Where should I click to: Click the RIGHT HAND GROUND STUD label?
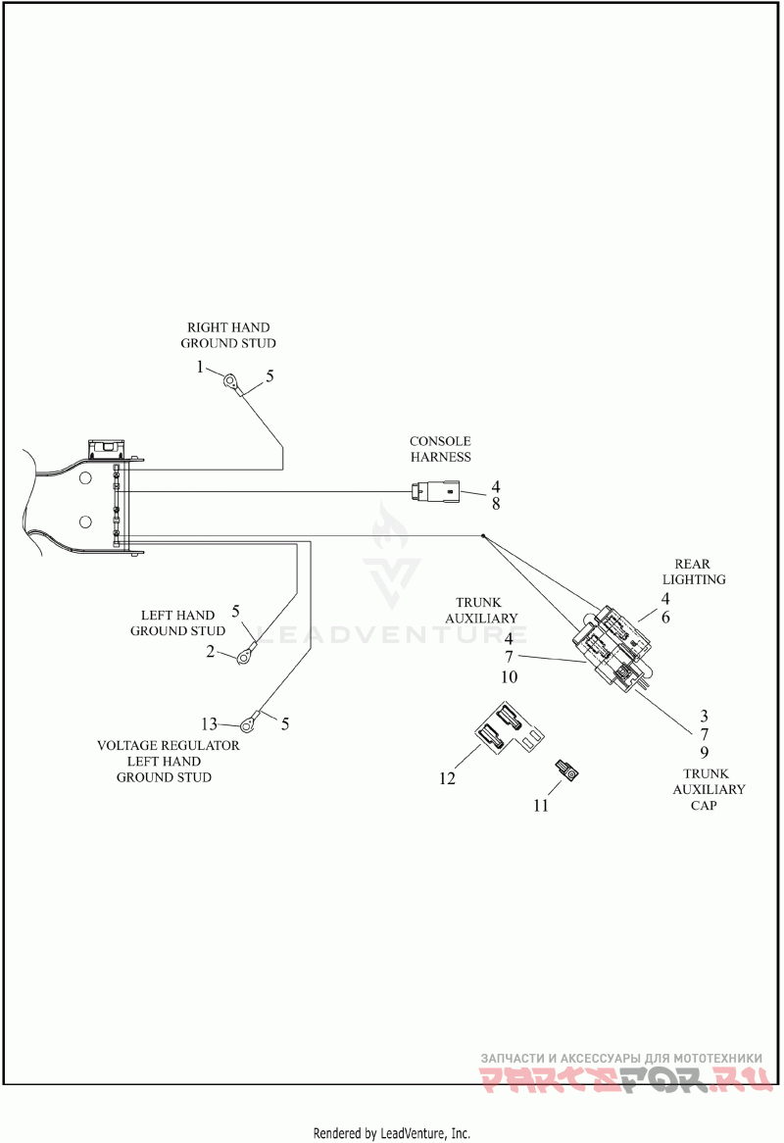point(228,335)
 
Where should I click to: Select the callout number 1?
point(200,368)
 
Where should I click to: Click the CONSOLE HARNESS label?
point(440,449)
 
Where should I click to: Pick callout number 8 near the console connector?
point(496,504)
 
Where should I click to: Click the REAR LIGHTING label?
point(694,571)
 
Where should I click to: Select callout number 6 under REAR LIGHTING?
point(665,618)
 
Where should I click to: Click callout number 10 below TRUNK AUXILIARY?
point(509,677)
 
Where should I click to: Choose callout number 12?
point(447,778)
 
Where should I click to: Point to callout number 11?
point(541,806)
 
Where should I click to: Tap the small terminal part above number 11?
point(566,770)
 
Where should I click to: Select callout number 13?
point(209,723)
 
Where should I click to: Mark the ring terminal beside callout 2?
point(244,656)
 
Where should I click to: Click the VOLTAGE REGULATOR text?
point(169,746)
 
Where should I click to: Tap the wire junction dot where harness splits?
point(483,536)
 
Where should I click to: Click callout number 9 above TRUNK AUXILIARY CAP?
point(704,752)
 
